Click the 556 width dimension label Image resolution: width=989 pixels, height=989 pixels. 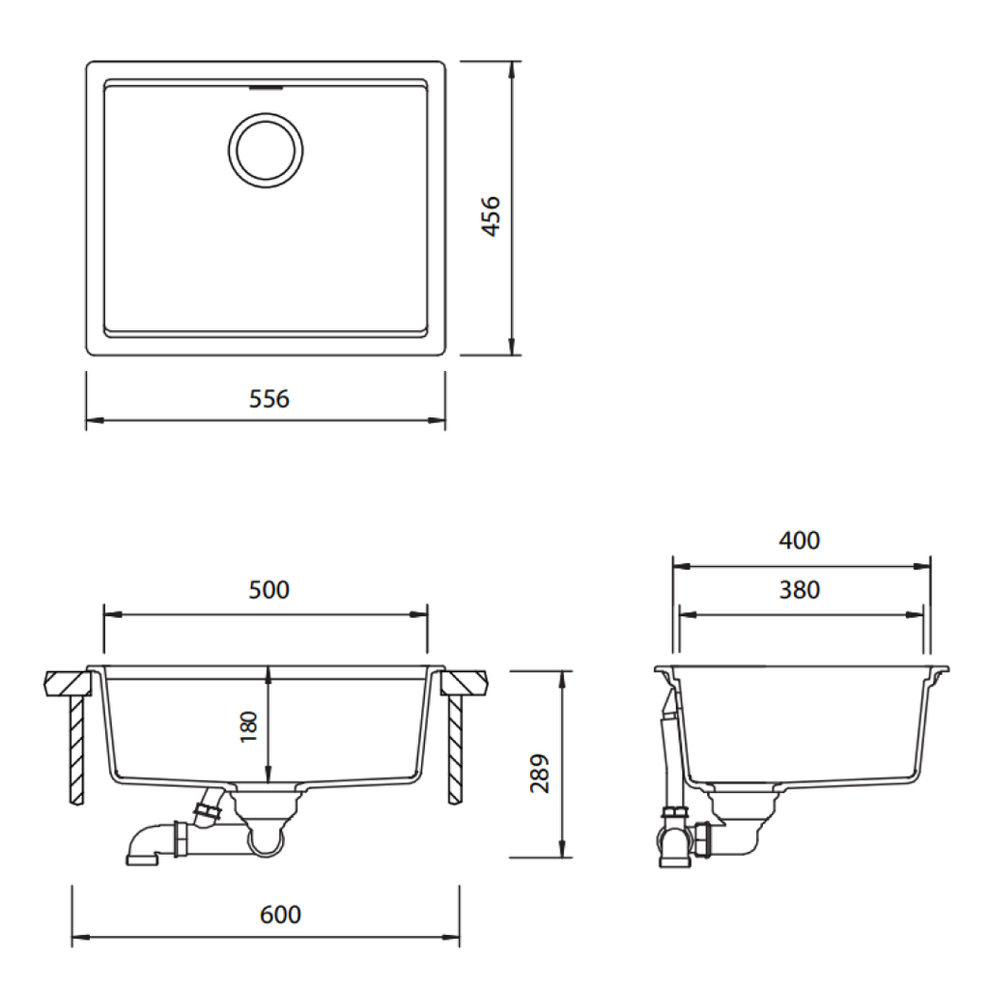268,399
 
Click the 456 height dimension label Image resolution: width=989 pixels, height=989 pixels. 491,217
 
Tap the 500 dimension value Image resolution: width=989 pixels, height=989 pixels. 268,590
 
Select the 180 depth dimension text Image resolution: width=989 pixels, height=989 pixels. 250,726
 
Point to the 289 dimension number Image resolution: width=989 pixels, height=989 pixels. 541,773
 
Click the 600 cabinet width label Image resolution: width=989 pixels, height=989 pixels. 281,914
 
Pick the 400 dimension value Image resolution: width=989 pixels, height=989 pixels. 800,540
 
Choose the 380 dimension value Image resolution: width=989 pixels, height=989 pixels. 800,589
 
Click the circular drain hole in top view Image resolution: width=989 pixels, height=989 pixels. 267,150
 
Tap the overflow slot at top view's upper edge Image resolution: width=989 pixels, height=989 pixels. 266,88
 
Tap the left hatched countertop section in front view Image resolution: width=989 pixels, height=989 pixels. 68,683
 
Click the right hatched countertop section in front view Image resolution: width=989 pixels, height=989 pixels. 466,683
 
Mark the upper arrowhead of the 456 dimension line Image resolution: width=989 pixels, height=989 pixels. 511,69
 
